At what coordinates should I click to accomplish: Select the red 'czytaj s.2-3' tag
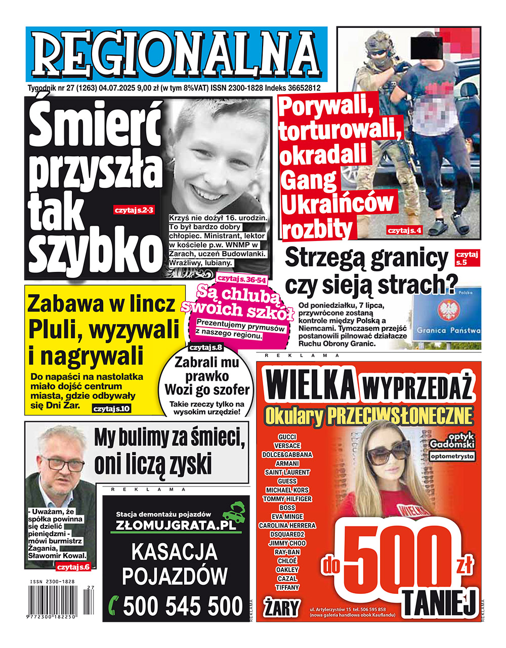click(134, 210)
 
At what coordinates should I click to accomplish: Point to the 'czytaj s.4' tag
click(404, 231)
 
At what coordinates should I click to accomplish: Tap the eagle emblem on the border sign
click(447, 310)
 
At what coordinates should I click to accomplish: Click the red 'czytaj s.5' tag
click(467, 258)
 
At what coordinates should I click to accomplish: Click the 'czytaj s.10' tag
click(111, 409)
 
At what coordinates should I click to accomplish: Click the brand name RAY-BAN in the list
click(287, 552)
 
